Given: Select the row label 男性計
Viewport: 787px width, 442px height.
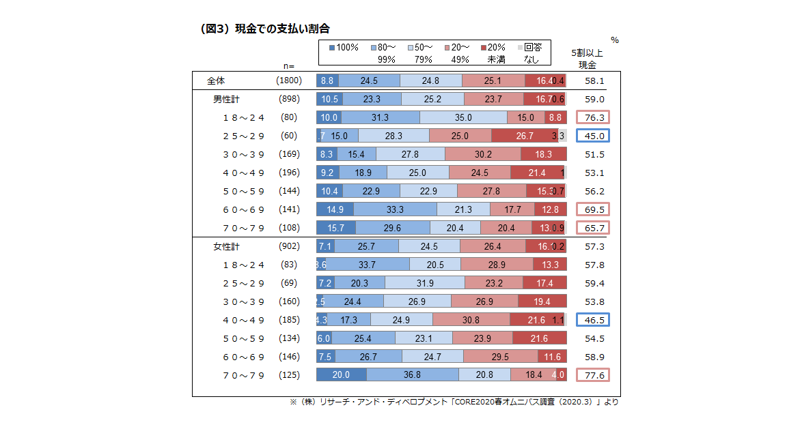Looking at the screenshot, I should (226, 99).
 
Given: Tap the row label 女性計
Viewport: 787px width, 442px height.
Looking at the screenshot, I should (226, 246).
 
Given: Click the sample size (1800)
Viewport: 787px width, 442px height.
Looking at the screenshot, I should (288, 80).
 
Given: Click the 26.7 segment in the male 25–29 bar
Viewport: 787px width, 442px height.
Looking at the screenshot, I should (524, 136).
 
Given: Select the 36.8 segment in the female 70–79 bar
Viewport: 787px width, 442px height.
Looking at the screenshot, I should (412, 374).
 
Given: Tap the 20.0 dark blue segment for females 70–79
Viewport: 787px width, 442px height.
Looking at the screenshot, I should (341, 374).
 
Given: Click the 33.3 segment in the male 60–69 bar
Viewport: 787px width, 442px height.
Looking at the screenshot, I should (395, 209).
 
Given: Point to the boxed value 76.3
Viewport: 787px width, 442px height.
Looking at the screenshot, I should (592, 117).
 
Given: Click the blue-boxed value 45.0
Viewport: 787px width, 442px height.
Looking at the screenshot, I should (592, 136).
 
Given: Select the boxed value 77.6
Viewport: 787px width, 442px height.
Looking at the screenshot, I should (592, 374).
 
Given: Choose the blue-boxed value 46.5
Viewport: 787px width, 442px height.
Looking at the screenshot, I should (592, 319).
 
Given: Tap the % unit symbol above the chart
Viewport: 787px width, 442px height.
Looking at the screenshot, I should (615, 40).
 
